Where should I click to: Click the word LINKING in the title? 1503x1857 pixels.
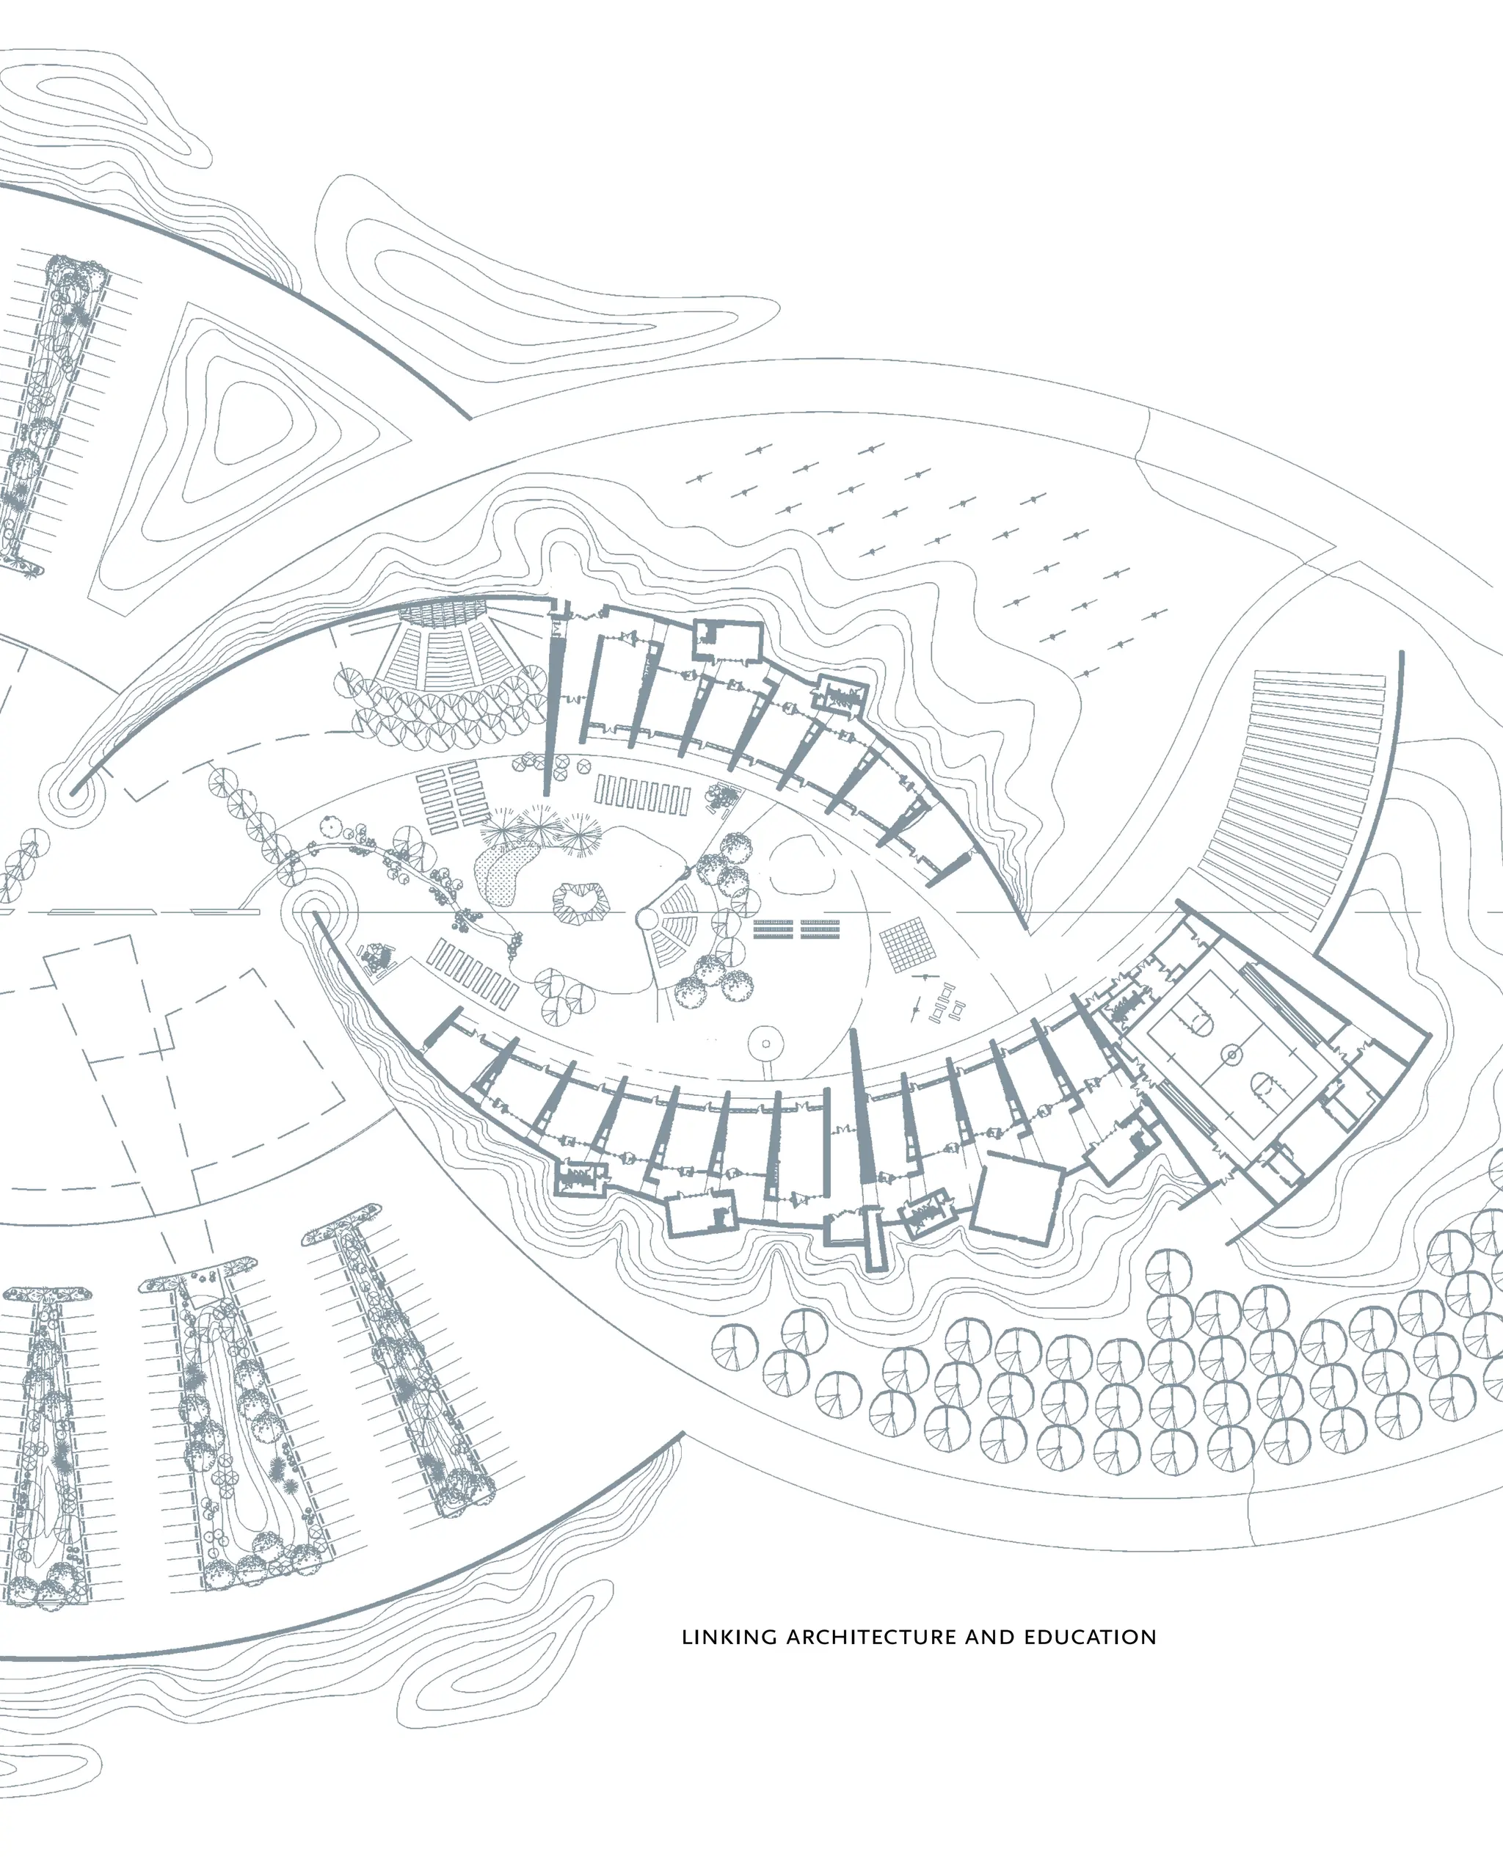coord(729,1637)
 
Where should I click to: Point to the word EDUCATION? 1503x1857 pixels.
coord(1090,1637)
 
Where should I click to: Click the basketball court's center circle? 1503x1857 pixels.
coord(1230,1055)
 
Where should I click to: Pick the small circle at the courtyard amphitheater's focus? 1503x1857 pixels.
coord(647,917)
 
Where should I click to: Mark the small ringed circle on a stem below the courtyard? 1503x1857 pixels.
coord(765,1043)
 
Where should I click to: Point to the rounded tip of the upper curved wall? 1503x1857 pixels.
coord(76,790)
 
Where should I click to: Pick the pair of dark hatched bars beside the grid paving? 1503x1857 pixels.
coord(796,929)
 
